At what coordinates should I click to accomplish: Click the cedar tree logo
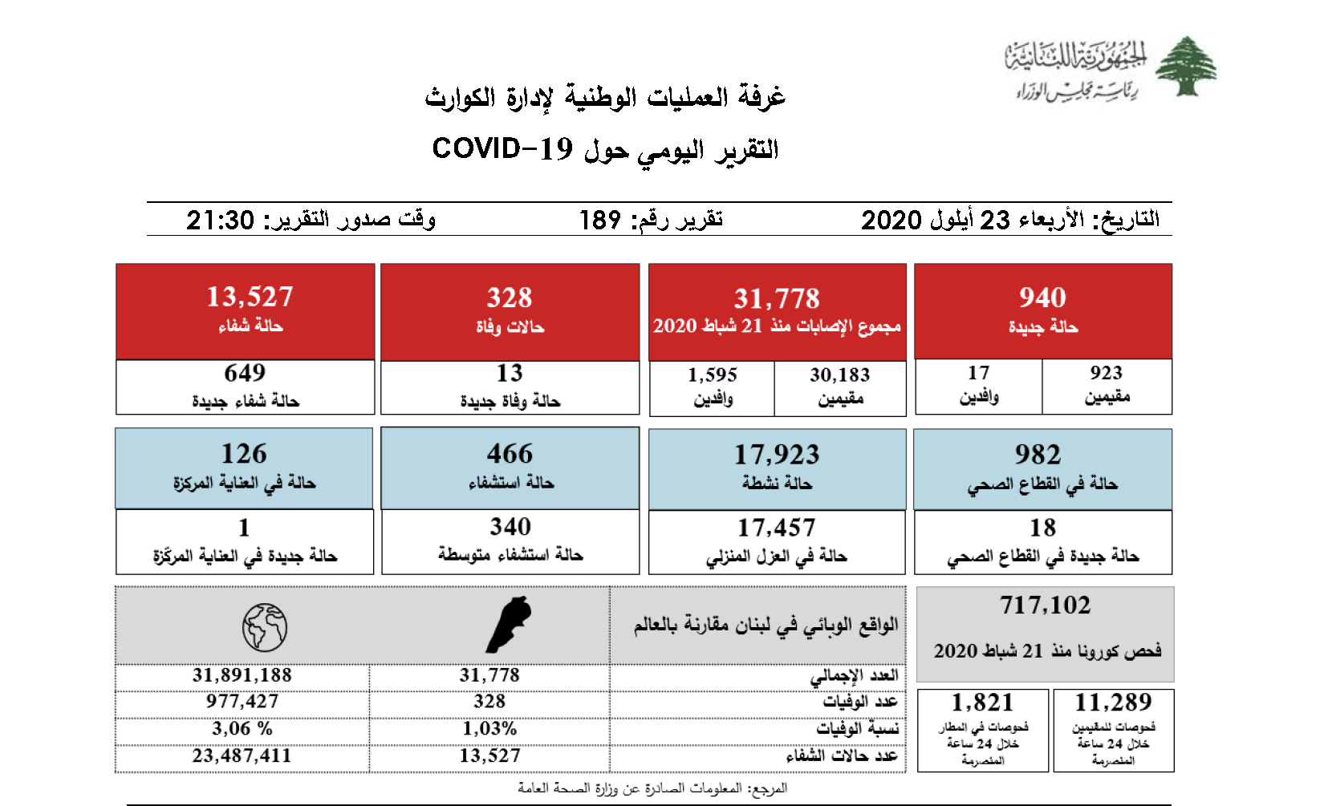1185,67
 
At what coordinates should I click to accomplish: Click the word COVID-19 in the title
502,149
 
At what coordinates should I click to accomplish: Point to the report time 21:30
220,220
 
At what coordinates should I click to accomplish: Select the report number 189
599,220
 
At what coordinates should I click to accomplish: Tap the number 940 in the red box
1042,298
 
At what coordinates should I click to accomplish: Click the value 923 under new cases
1106,373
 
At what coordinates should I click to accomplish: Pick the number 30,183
839,375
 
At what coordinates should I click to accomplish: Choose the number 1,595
712,375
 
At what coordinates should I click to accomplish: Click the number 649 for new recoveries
245,373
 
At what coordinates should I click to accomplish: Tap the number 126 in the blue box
244,454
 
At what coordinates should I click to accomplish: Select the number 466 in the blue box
510,454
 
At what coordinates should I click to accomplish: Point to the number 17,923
777,455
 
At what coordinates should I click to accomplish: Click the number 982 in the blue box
1038,455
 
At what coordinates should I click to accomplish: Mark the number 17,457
776,528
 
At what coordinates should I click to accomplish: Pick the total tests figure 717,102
1045,606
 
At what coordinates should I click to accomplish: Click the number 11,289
1113,703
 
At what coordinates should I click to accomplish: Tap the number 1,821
982,703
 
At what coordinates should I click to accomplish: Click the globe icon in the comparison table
265,627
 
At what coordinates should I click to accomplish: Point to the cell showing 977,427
242,702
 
